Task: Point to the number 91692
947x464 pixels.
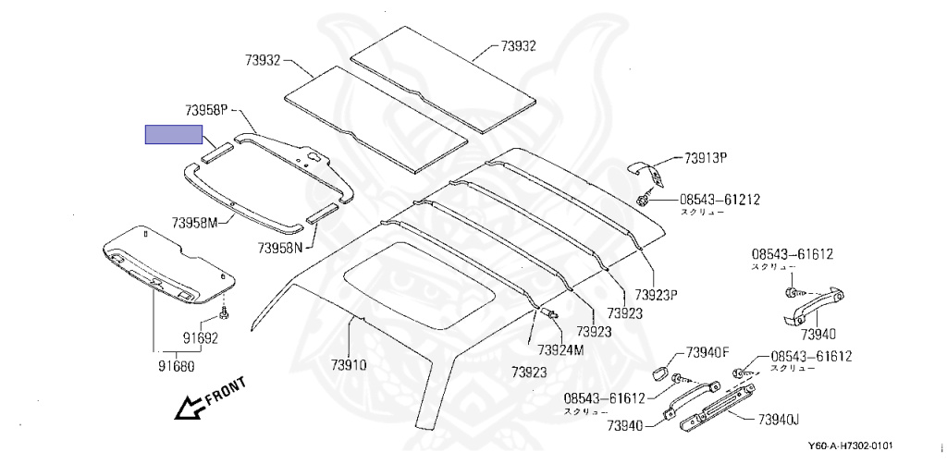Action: click(199, 338)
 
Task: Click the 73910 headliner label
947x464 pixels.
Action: click(348, 364)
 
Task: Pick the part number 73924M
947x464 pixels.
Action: click(560, 349)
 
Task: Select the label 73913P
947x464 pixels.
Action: click(707, 158)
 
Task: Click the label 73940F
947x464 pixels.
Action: click(707, 352)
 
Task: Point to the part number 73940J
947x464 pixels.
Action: click(777, 420)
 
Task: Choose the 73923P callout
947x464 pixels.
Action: click(657, 295)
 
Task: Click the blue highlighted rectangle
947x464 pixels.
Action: click(174, 134)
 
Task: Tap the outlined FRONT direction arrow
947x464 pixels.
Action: click(191, 404)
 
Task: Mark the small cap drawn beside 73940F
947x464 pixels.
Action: click(660, 372)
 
